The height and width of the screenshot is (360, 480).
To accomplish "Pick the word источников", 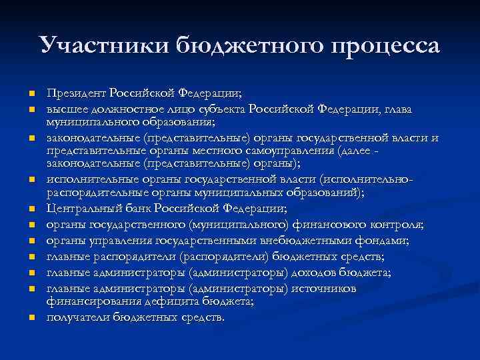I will pyautogui.click(x=324, y=289).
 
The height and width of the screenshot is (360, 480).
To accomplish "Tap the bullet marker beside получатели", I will pyautogui.click(x=31, y=317).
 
